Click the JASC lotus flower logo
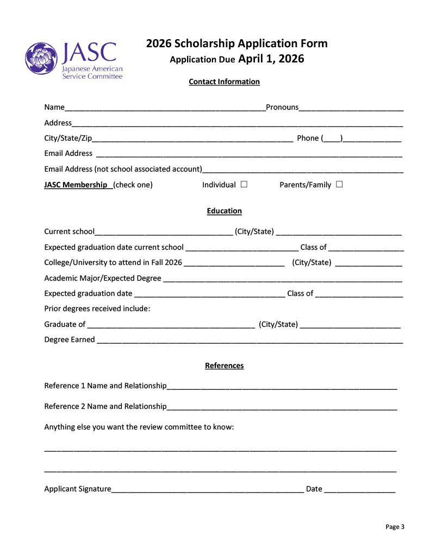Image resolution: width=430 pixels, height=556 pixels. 42,59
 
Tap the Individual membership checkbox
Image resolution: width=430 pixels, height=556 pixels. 244,184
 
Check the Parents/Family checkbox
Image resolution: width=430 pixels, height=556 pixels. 339,184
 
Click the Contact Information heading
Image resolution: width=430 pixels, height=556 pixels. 224,81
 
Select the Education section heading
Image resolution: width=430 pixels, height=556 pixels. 224,211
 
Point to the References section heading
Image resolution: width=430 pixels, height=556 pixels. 224,365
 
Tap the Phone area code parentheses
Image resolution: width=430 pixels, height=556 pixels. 332,138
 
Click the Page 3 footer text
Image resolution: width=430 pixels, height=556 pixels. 395,526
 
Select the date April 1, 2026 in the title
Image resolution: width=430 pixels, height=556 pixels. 271,59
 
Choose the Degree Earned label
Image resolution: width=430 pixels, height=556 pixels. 70,339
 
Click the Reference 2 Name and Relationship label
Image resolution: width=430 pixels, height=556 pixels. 105,406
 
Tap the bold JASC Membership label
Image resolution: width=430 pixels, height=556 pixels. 76,185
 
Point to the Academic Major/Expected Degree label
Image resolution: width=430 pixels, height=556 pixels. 103,278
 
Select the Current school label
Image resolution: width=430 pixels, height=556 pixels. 69,231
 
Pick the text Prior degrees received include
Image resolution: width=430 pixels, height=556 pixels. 97,308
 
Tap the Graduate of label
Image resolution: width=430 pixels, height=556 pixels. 65,324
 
